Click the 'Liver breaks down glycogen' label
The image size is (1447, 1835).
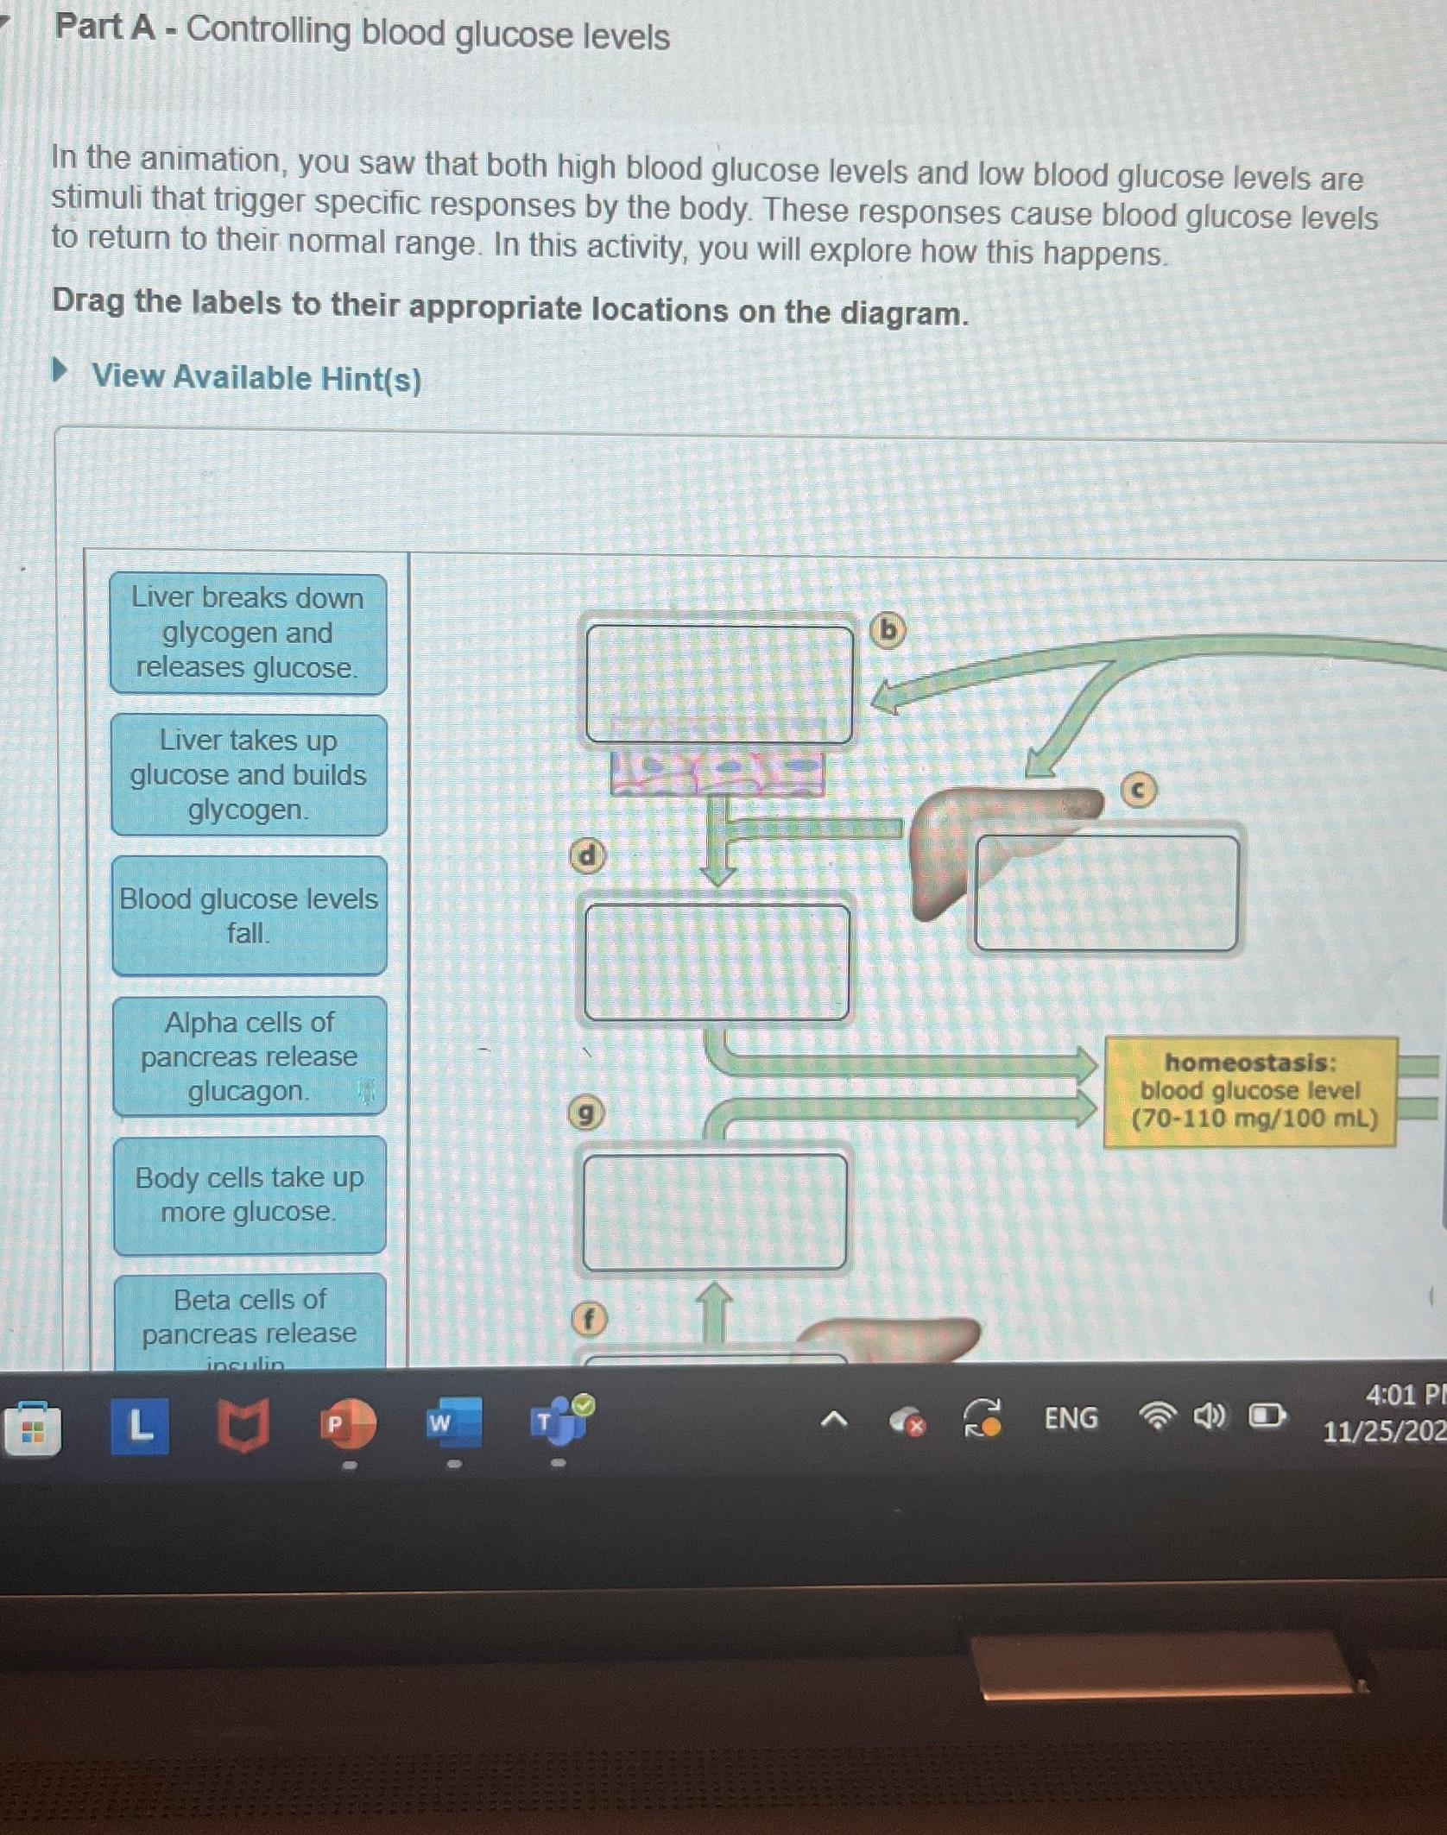(x=248, y=634)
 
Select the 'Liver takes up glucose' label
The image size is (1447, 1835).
(x=249, y=775)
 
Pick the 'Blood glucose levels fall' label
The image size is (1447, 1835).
(x=249, y=916)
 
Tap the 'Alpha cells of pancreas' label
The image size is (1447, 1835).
(x=249, y=1056)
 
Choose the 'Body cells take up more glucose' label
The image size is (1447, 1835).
(x=249, y=1195)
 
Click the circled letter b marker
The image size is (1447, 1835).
(x=888, y=631)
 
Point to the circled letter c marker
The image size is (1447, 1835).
(x=1138, y=790)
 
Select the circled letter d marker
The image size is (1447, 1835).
(x=587, y=855)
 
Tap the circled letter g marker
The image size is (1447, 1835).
(x=585, y=1114)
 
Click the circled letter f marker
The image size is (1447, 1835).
(x=590, y=1320)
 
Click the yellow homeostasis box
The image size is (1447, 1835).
(x=1250, y=1092)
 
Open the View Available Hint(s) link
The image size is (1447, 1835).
(x=256, y=378)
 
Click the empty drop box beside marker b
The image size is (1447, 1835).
(x=718, y=684)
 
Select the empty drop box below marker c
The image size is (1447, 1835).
(x=1106, y=893)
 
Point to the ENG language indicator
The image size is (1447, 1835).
(x=1071, y=1418)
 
